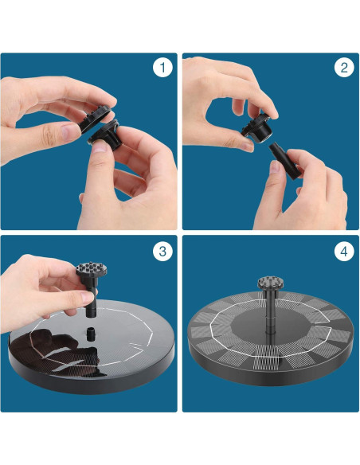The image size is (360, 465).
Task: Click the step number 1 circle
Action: point(162,68)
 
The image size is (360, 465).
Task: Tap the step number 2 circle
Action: point(344,68)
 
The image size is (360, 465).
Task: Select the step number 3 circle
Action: point(162,252)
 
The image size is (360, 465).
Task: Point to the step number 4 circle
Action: point(344,252)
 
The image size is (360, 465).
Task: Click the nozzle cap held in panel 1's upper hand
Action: point(96,118)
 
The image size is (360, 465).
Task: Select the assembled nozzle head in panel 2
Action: point(257,130)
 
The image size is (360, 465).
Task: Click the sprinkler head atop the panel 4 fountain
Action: point(271,283)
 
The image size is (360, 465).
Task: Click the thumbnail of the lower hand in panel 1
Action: point(100,147)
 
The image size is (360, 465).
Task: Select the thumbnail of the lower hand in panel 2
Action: point(276,167)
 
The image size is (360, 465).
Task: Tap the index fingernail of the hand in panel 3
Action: point(88,297)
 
